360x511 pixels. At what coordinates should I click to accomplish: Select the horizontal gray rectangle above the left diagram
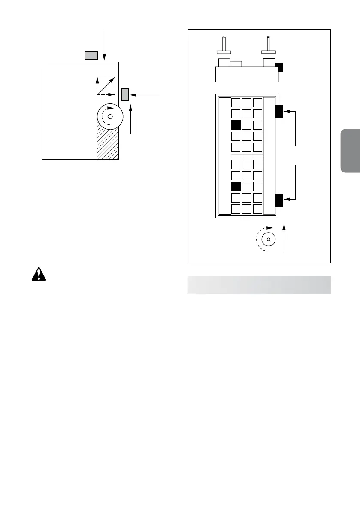coord(91,56)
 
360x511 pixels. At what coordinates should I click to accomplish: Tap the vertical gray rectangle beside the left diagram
coord(125,94)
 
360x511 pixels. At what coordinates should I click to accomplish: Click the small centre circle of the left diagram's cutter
coord(110,116)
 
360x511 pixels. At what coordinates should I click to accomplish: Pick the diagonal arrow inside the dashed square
coord(106,86)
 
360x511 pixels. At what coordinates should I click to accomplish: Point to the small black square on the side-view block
coord(279,67)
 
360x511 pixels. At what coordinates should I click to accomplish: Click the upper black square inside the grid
coord(236,125)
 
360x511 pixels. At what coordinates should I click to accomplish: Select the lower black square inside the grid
coord(236,187)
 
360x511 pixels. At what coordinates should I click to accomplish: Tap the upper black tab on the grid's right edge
coord(278,112)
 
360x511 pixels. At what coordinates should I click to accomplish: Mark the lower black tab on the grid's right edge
coord(278,200)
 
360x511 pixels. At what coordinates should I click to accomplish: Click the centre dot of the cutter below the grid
coord(268,239)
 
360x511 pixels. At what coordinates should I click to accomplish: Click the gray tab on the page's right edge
coord(350,150)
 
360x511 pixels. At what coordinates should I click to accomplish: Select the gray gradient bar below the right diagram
coord(259,285)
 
